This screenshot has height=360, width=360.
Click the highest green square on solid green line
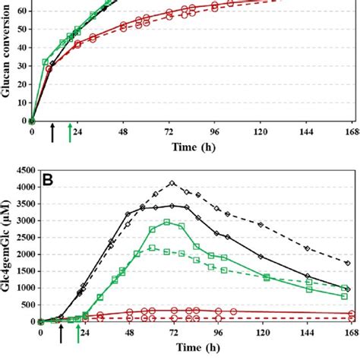(x=166, y=222)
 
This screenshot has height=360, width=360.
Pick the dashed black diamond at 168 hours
(x=347, y=263)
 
